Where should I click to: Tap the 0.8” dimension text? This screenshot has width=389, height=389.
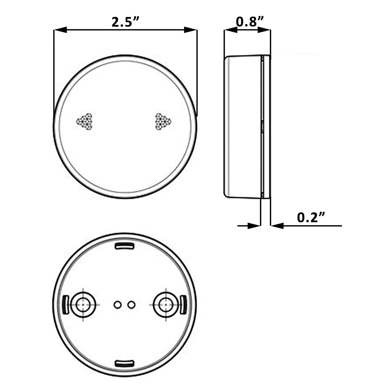[250, 22]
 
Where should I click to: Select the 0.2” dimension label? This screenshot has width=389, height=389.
[311, 217]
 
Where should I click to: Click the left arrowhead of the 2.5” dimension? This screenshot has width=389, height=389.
[60, 30]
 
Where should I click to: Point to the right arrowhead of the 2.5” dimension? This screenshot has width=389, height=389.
[191, 30]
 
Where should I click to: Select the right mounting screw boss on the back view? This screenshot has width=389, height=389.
[165, 305]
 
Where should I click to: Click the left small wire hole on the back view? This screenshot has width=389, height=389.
[117, 304]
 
